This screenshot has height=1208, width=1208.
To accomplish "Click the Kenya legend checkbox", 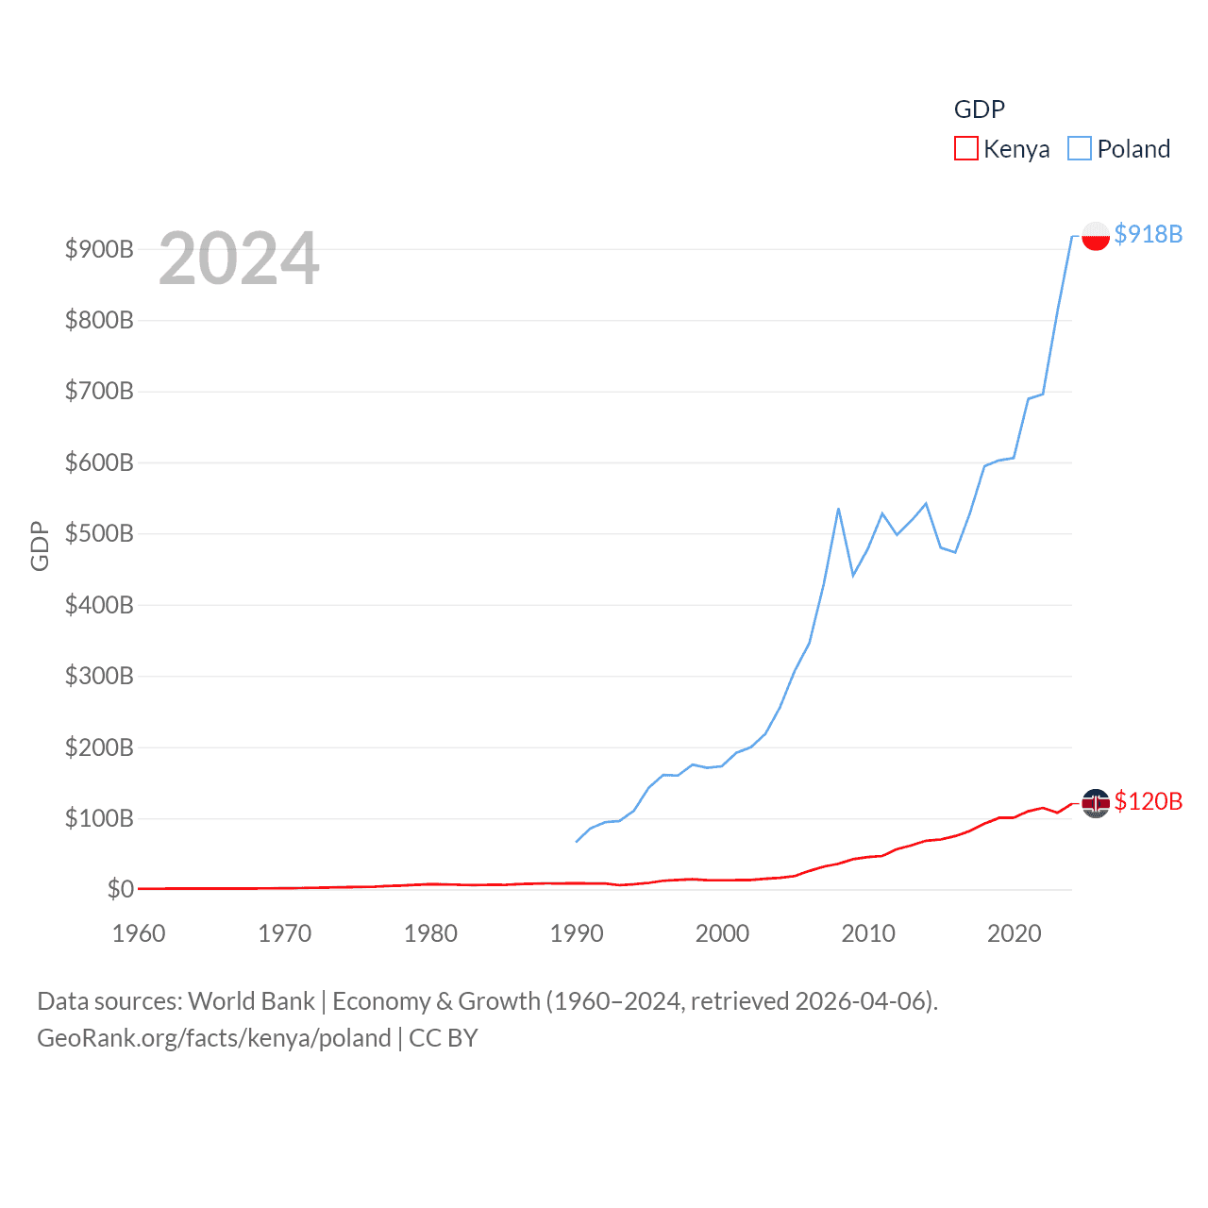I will click(966, 149).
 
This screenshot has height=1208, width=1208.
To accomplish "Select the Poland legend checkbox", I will click(1080, 149).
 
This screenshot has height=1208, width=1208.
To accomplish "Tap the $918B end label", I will click(1148, 234).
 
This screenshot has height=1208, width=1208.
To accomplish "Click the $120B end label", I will click(1148, 801).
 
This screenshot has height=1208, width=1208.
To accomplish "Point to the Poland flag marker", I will click(1095, 235).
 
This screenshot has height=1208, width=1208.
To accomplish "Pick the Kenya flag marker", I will click(1095, 802).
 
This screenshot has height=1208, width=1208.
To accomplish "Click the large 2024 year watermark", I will click(239, 259).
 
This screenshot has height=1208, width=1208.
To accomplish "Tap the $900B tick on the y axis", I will click(99, 249).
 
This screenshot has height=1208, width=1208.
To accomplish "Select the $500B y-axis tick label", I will click(99, 533).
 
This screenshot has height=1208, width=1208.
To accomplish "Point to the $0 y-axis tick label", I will click(120, 889).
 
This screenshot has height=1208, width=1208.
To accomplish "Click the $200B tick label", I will click(99, 747).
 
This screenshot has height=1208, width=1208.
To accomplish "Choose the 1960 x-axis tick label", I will click(139, 933).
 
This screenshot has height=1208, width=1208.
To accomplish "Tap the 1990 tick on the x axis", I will click(577, 933).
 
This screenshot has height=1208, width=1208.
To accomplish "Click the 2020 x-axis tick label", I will click(1014, 933).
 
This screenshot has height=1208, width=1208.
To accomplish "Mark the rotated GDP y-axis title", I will click(40, 545).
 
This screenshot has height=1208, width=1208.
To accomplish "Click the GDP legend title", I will click(979, 109).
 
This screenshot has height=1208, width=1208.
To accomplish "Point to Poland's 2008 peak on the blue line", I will click(838, 510).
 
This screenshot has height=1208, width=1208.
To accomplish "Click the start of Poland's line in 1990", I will click(577, 841).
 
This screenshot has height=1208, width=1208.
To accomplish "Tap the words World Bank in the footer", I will click(251, 1000).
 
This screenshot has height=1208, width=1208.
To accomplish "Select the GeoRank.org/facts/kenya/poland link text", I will click(214, 1038).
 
